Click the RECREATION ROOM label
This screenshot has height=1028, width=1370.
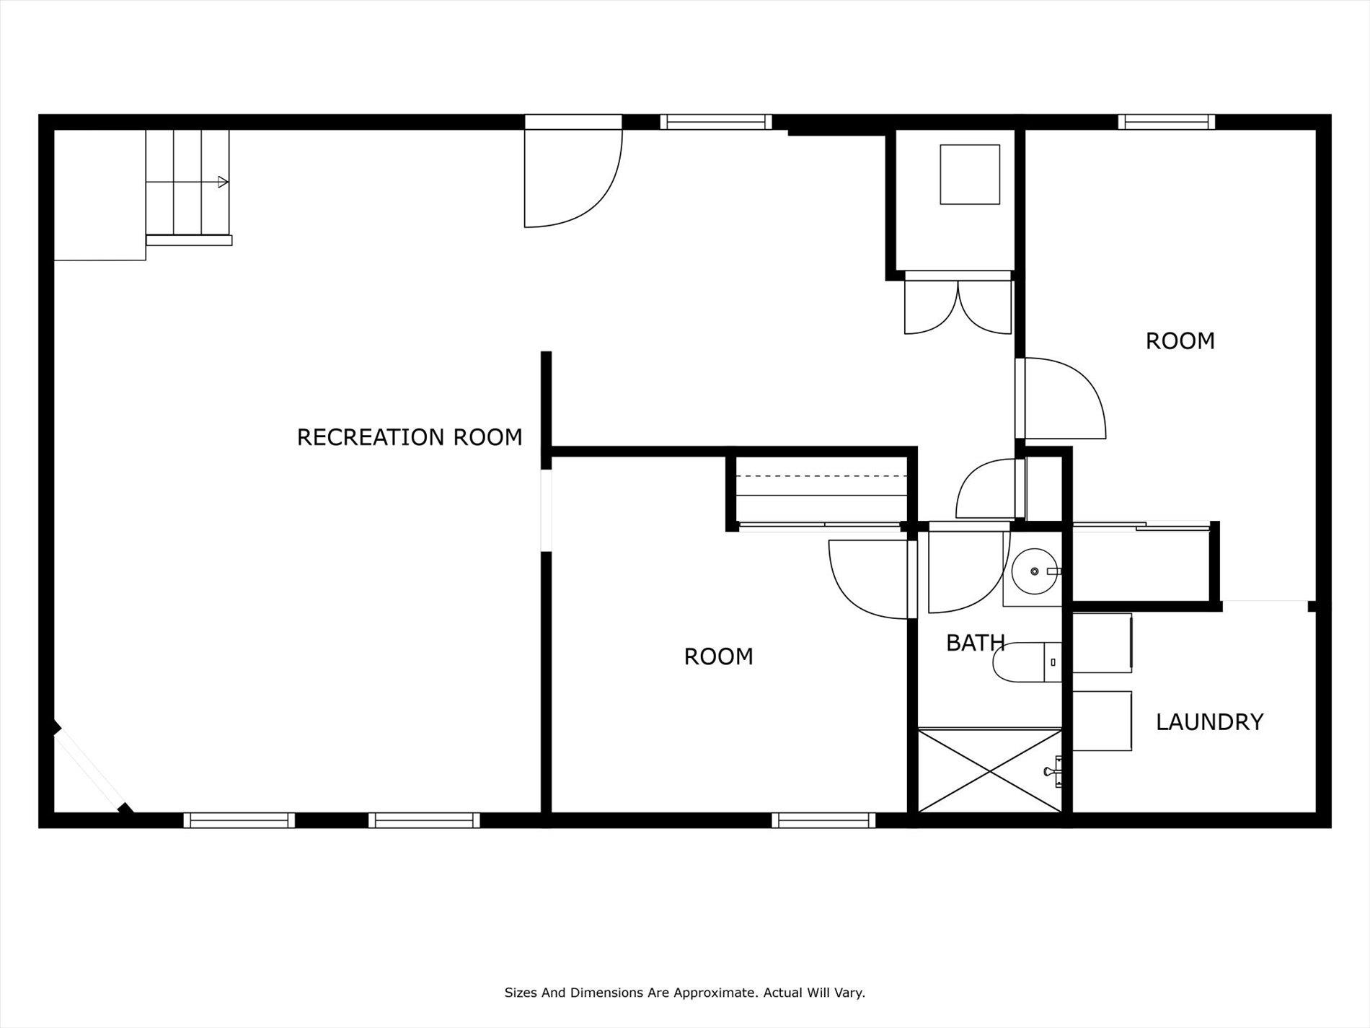410,437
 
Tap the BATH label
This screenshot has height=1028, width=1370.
976,643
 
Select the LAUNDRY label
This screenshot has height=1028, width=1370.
1209,722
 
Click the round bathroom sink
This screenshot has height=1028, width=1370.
1035,571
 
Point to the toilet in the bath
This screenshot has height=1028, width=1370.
1027,662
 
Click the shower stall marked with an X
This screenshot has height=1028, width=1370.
990,770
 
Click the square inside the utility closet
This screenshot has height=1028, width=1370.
970,174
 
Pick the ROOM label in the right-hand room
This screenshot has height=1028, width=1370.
1180,341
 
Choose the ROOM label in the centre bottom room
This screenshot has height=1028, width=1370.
718,656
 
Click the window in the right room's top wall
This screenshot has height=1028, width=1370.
1167,122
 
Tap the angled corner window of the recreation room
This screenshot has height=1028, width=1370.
91,773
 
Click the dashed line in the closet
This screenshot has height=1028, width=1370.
821,476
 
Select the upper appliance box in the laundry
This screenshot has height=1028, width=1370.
1102,643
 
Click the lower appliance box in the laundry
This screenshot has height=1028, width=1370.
1102,721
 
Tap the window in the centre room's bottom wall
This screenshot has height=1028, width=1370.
823,820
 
